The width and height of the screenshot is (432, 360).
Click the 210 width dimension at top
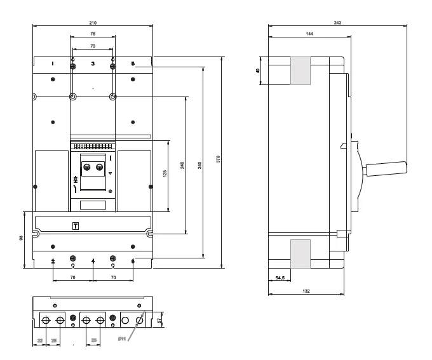coord(93,22)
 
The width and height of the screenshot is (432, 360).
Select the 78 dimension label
coord(93,33)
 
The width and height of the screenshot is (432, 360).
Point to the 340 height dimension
coord(200,164)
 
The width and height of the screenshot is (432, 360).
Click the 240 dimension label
coord(183,165)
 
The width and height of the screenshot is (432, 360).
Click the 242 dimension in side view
coord(337,22)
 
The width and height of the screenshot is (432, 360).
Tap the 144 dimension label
coord(308,33)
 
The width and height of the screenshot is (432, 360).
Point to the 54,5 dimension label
coord(280,277)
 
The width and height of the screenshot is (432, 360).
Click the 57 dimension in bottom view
coord(159,321)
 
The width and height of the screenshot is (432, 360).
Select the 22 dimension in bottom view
coord(41,341)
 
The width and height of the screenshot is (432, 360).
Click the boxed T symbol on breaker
coord(76,226)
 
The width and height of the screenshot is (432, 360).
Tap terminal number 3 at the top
coord(93,64)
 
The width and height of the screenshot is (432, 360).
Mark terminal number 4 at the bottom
coord(93,261)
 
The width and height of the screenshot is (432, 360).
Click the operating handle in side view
coord(385,168)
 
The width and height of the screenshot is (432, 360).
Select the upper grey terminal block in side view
coord(300,70)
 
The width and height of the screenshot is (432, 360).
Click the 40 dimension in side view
coord(258,70)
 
